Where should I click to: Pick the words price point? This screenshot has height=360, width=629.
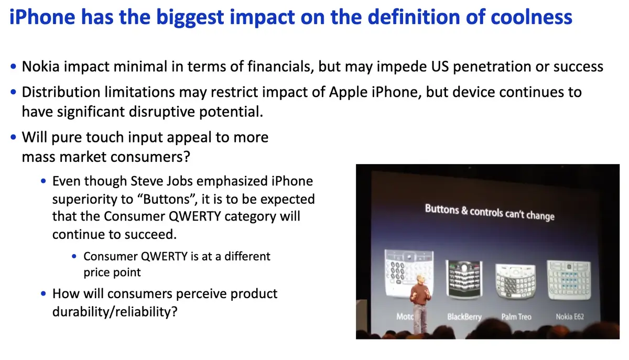point(112,272)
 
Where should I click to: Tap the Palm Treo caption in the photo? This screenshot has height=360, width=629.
point(516,317)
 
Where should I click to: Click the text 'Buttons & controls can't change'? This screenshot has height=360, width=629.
point(489,212)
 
